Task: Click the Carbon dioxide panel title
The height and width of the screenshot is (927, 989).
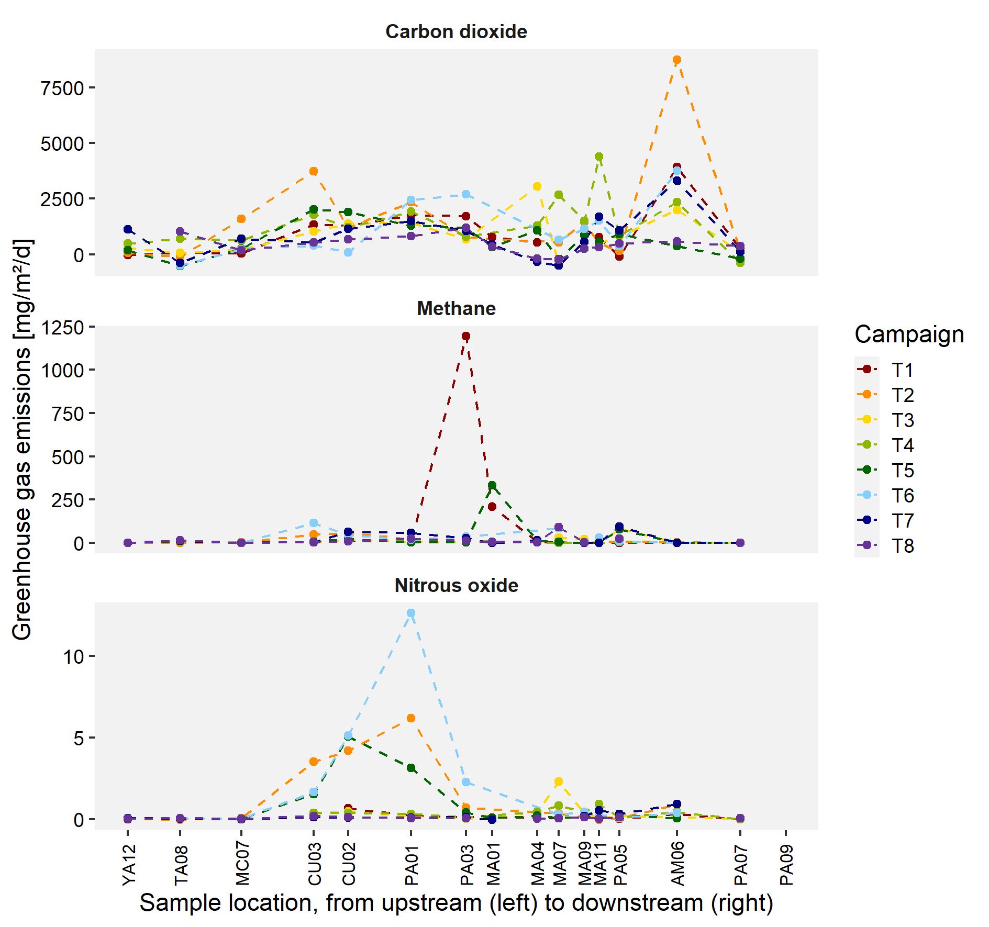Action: click(x=456, y=32)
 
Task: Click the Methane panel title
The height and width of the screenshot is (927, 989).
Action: click(x=456, y=309)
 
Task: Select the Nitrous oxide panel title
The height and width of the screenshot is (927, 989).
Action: click(x=456, y=585)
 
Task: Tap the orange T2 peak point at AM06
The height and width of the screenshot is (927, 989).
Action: click(x=676, y=60)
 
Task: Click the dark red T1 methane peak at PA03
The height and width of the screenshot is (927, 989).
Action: click(x=465, y=336)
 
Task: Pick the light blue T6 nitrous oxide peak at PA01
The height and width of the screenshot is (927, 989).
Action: click(x=411, y=613)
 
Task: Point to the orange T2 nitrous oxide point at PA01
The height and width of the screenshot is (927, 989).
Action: click(x=411, y=718)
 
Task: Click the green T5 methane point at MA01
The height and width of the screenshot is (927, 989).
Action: click(x=492, y=485)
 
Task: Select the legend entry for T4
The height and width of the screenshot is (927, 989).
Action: click(x=903, y=445)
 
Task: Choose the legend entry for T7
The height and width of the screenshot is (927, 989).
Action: click(x=903, y=520)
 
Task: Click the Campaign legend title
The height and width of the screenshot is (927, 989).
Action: click(x=909, y=334)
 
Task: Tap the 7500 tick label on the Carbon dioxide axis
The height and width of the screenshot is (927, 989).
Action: click(x=62, y=88)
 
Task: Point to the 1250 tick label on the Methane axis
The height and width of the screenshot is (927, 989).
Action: click(x=62, y=328)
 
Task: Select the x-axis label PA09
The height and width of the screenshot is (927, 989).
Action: click(x=786, y=865)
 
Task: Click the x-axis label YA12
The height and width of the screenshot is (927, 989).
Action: click(x=129, y=865)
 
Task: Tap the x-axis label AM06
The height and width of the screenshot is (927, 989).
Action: click(x=677, y=864)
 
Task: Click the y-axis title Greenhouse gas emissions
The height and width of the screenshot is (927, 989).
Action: click(x=22, y=440)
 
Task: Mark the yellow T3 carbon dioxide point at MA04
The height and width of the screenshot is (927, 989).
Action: click(x=537, y=186)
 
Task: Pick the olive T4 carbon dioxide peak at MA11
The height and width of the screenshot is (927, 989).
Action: click(x=598, y=157)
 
